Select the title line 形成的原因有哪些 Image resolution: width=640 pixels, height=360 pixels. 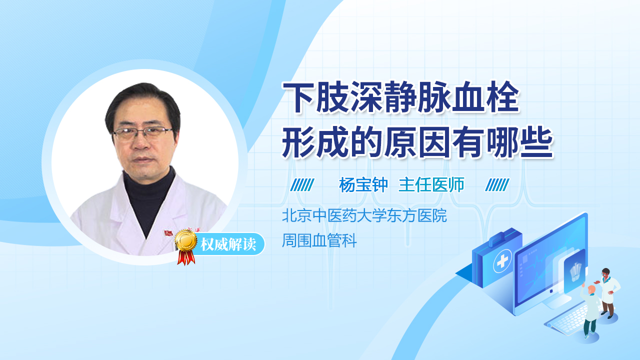417,143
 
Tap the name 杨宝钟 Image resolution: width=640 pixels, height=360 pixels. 363,185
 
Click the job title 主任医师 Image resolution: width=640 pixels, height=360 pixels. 431,185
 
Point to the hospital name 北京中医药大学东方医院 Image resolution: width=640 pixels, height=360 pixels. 364,216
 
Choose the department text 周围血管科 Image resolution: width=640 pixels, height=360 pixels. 319,241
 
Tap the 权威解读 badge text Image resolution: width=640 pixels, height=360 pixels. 228,245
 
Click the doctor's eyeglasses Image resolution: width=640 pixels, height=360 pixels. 142,133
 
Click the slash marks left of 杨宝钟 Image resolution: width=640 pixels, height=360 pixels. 302,185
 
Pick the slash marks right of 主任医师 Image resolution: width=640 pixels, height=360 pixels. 497,185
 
